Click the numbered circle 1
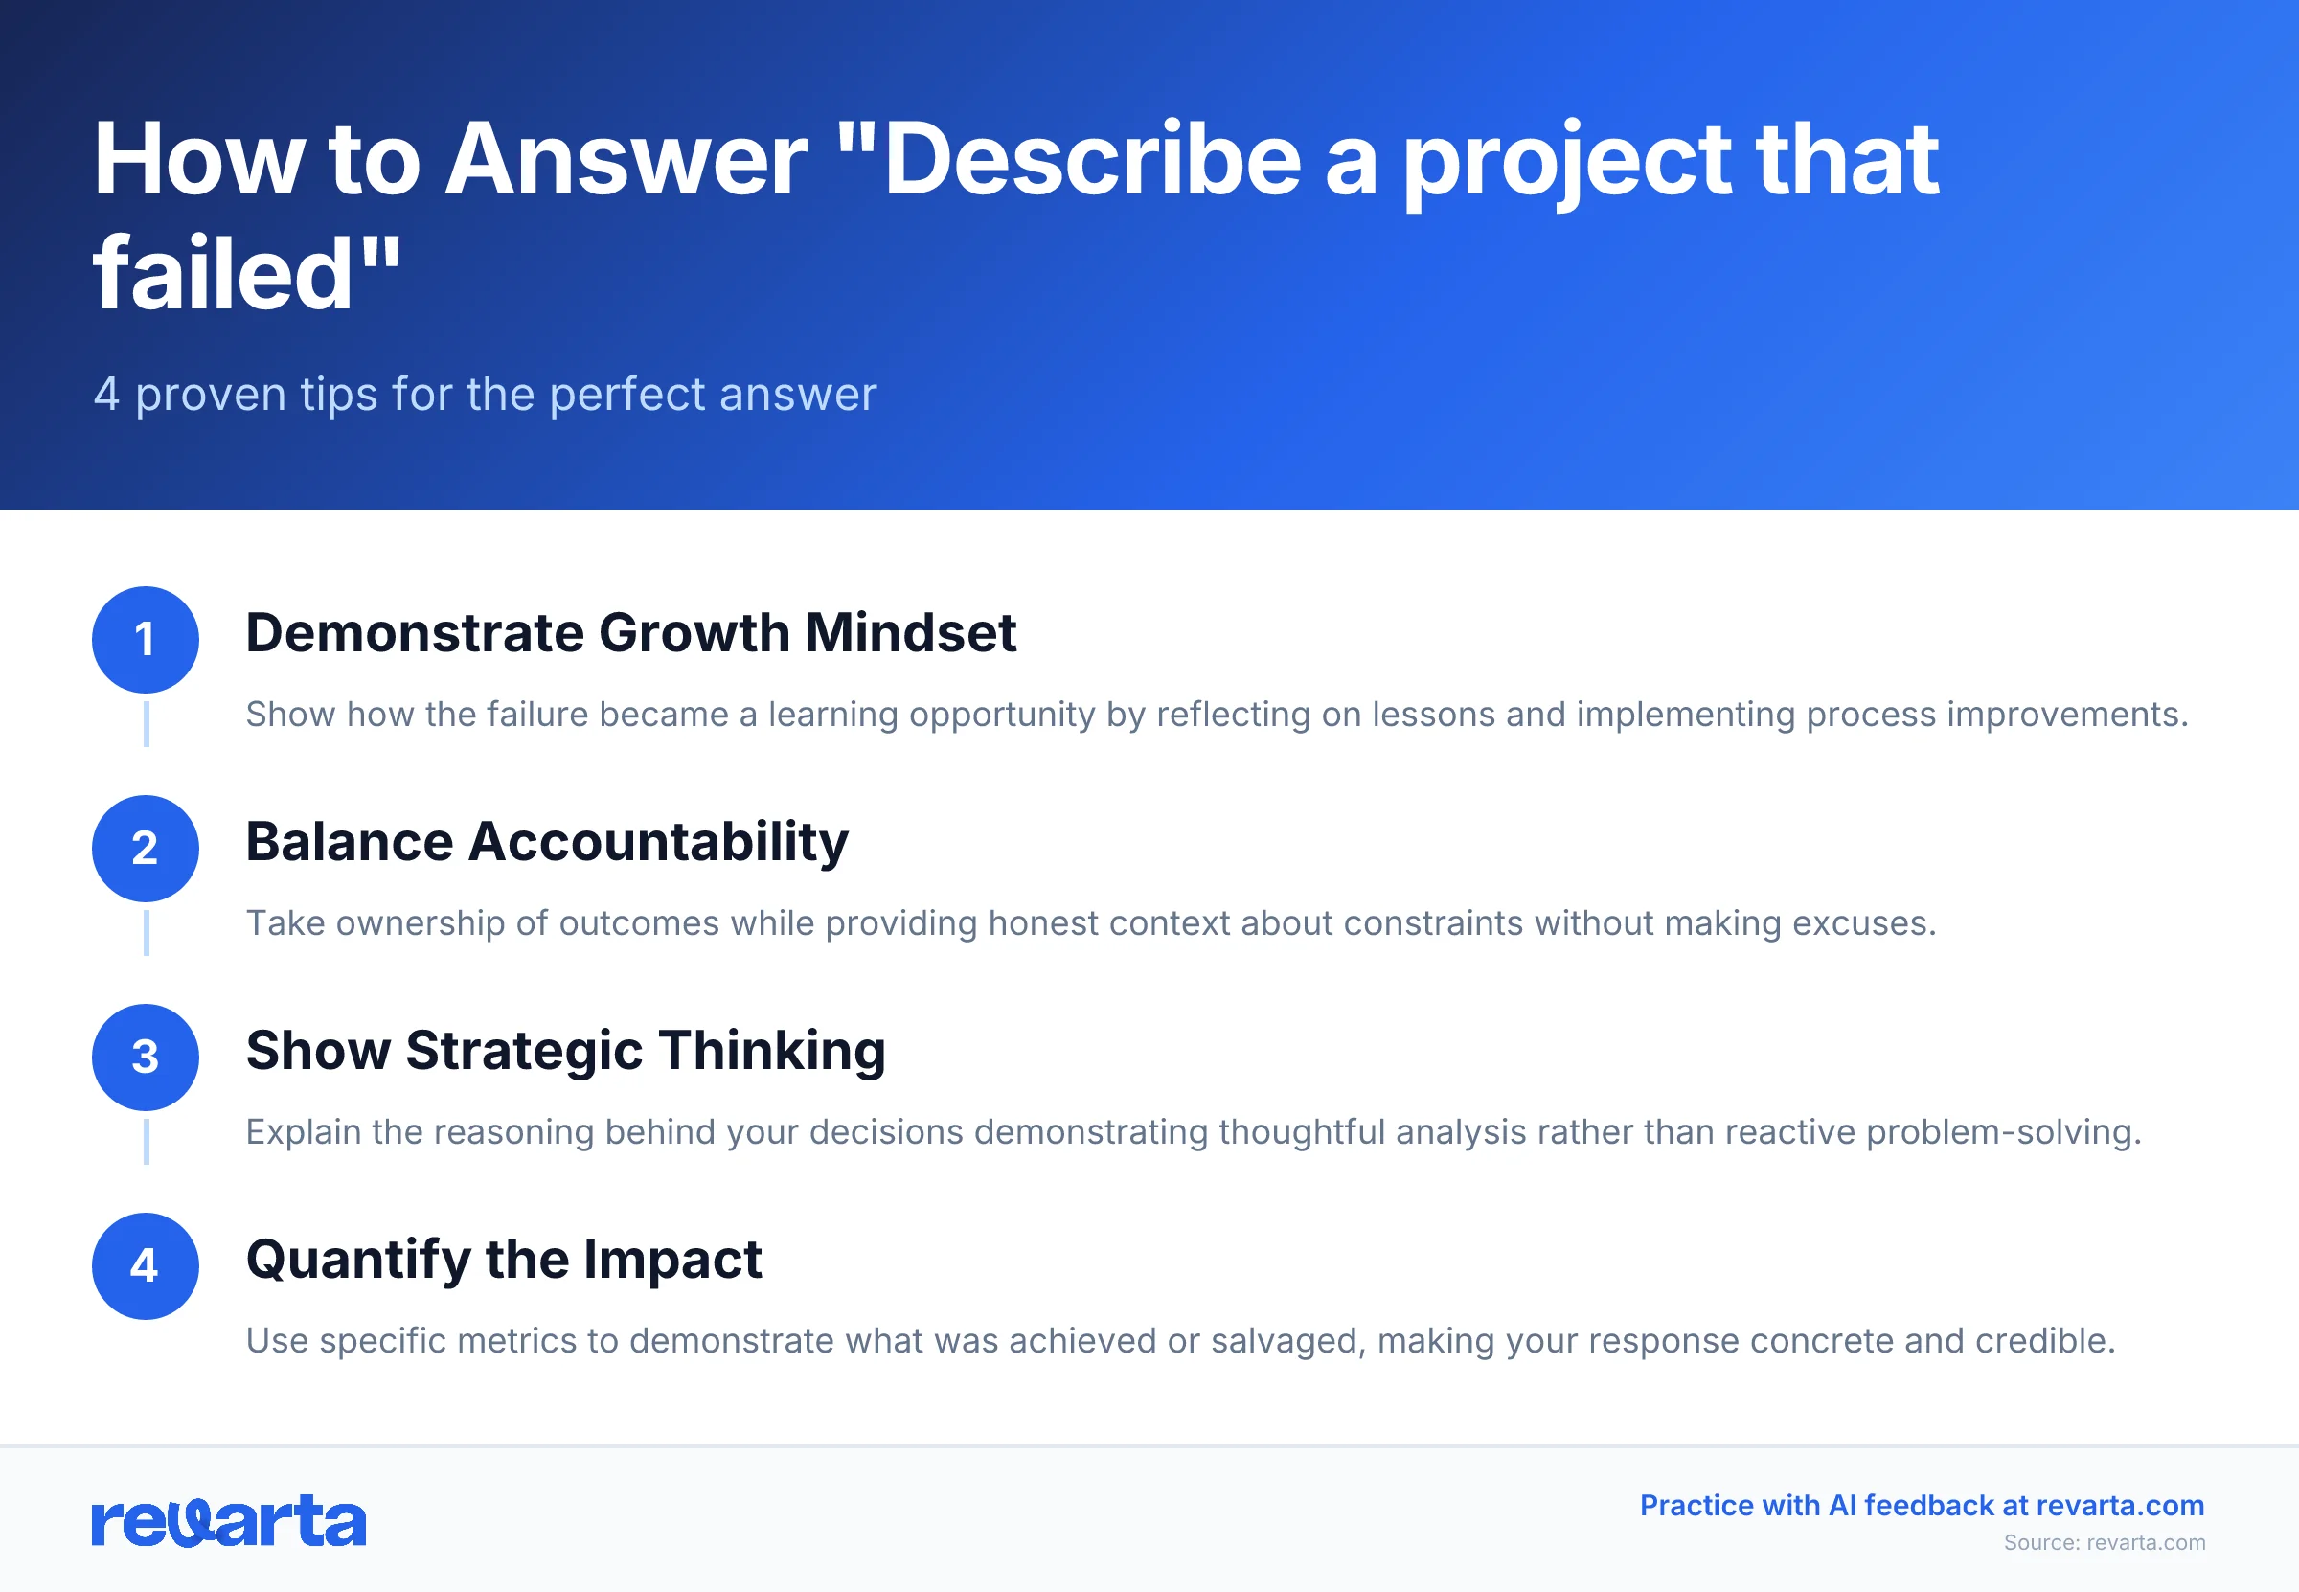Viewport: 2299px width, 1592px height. pos(146,640)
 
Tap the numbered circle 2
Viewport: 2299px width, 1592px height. pos(146,848)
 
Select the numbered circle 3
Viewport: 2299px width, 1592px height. pos(146,1057)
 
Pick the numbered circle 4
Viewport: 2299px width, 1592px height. pos(146,1264)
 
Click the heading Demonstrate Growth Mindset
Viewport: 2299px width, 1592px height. pos(630,632)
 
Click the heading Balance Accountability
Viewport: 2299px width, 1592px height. pos(547,841)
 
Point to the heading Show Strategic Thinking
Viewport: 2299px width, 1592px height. pos(565,1050)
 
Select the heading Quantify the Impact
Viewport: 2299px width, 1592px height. pos(504,1258)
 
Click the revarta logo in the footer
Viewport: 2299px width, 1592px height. pos(228,1520)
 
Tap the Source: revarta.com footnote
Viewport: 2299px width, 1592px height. pos(2104,1542)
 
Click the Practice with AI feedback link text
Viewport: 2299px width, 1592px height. pos(1921,1504)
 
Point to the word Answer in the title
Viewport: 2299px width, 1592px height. pos(626,160)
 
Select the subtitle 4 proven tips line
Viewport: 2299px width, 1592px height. pos(485,394)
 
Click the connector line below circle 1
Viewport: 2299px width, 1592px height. pos(147,723)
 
